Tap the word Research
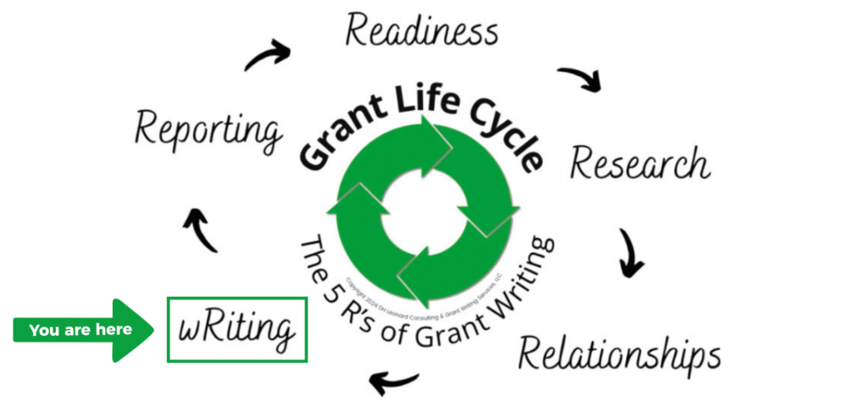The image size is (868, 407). pos(640,162)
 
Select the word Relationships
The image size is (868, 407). pos(619,353)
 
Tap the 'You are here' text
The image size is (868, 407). pos(81,330)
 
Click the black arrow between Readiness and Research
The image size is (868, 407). pos(580,79)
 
